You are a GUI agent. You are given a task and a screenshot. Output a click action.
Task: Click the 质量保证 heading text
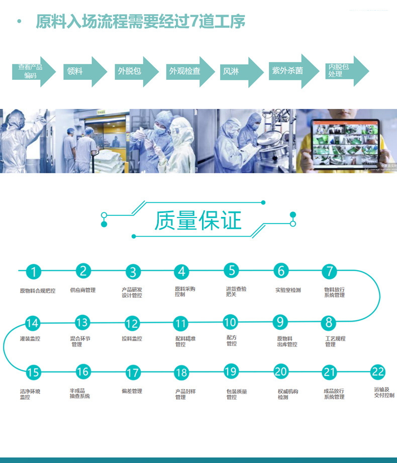click(x=198, y=220)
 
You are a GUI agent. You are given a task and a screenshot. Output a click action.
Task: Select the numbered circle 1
click(x=33, y=272)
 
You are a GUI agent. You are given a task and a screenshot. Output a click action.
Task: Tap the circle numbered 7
click(x=329, y=272)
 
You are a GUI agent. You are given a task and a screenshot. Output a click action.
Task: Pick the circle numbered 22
click(x=378, y=372)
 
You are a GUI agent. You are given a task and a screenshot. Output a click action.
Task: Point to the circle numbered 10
click(x=230, y=322)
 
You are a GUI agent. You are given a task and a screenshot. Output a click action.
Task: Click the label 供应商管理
click(x=82, y=290)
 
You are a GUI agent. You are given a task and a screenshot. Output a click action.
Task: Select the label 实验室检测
click(x=288, y=290)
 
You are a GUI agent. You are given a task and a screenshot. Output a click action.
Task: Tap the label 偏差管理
click(x=132, y=391)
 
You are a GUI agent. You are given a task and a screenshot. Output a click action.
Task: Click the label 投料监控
click(x=132, y=339)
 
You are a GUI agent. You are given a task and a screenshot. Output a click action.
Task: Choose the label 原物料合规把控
click(x=38, y=291)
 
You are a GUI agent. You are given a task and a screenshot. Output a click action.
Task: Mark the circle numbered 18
click(x=181, y=373)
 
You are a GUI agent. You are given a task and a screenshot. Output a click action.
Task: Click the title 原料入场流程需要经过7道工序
click(x=141, y=22)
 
